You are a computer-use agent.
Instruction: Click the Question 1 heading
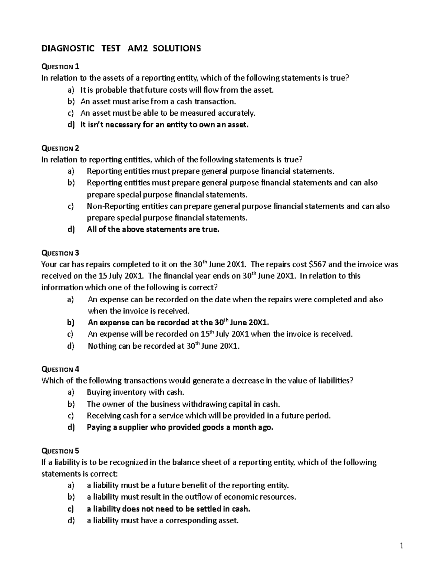click(60, 67)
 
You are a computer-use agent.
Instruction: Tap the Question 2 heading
click(60, 148)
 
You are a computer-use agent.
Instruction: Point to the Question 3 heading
click(60, 253)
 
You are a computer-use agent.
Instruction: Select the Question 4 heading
click(60, 369)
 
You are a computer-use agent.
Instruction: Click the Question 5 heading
click(60, 451)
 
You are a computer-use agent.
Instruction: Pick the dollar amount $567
click(317, 264)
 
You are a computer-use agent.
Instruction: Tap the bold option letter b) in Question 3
click(71, 323)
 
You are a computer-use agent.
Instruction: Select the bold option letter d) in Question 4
click(71, 427)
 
